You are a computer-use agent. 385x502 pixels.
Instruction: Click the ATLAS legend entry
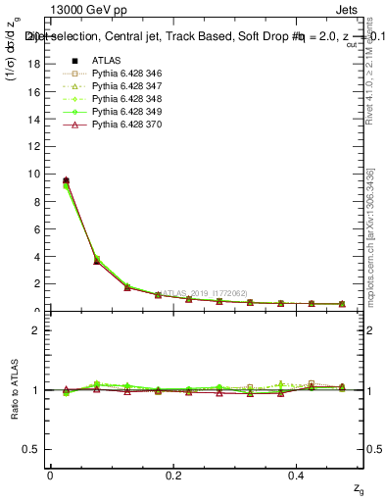click(106, 59)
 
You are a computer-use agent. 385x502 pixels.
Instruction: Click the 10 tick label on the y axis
click(37, 174)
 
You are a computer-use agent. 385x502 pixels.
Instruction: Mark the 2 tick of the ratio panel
click(39, 330)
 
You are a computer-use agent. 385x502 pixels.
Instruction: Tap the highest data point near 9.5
click(66, 180)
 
